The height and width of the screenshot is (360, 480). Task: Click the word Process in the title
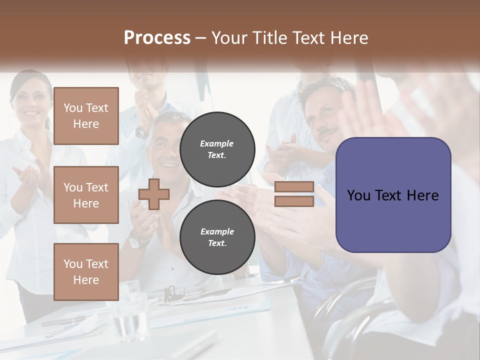(157, 37)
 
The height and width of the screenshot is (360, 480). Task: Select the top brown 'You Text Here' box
(86, 116)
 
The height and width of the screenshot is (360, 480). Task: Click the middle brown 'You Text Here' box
(86, 195)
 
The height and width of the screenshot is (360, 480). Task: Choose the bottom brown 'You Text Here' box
(86, 271)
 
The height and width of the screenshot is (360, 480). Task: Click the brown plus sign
(153, 194)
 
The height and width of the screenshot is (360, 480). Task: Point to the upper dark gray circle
(217, 149)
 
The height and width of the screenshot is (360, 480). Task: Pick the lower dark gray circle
(217, 237)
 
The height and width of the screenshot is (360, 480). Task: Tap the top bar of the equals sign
(294, 186)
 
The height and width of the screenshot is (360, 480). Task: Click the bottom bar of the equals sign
(294, 201)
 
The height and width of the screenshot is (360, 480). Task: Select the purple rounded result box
(393, 195)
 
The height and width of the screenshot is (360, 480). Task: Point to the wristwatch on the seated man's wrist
(134, 242)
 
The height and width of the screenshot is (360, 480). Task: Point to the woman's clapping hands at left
(27, 175)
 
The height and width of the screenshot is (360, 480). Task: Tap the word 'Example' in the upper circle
(216, 143)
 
